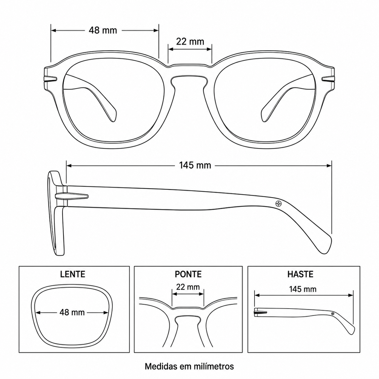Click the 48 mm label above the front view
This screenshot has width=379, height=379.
click(103, 30)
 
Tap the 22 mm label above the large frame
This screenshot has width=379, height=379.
click(190, 41)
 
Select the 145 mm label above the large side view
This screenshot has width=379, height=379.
click(195, 165)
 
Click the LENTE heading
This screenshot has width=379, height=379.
click(73, 274)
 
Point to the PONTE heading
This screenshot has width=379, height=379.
click(188, 274)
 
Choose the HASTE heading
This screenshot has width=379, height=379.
click(300, 274)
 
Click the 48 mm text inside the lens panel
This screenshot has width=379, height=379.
click(72, 312)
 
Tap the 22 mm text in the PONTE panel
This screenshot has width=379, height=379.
click(188, 287)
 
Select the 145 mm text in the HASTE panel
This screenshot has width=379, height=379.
click(303, 289)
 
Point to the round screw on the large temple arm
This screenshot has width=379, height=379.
click(279, 203)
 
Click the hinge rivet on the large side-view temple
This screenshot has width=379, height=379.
click(72, 196)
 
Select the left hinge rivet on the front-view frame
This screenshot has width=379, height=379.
click(51, 79)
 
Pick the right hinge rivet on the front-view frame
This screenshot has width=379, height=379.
click(328, 79)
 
